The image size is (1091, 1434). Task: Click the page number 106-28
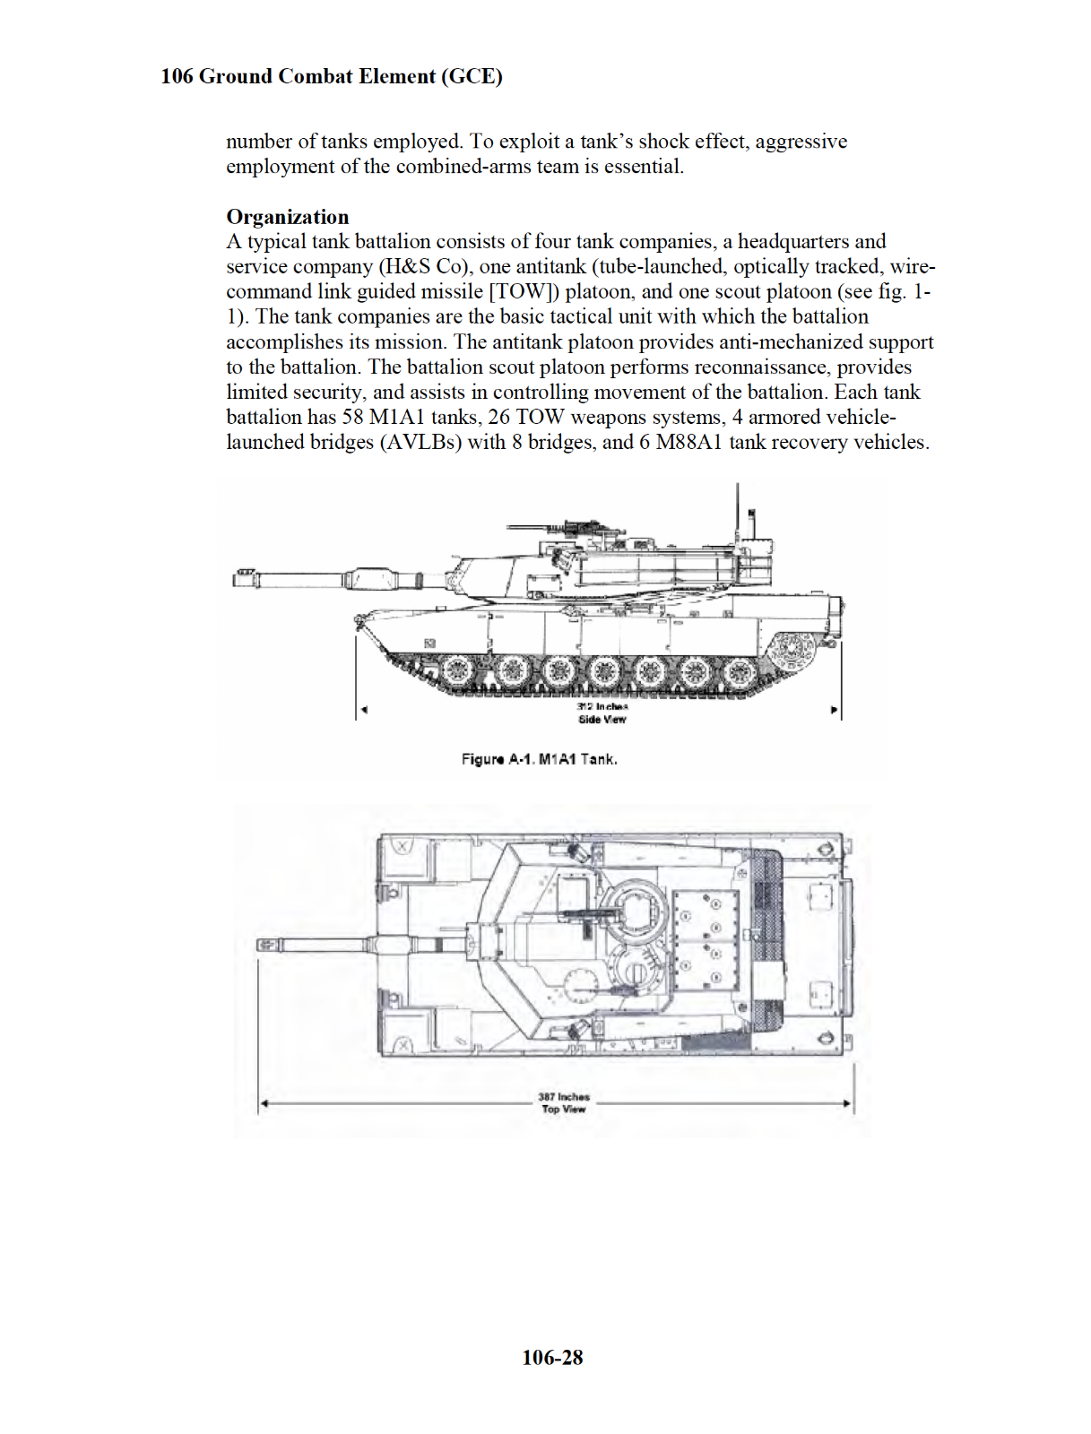tap(552, 1358)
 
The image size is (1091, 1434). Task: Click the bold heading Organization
tap(287, 217)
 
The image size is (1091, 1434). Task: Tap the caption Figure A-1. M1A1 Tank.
tap(539, 759)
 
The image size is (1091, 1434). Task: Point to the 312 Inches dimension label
tap(602, 706)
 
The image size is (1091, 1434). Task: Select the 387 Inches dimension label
tap(563, 1096)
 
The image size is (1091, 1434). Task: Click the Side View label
tap(602, 719)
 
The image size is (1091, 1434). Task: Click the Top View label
tap(563, 1109)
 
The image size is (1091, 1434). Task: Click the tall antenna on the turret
tap(737, 515)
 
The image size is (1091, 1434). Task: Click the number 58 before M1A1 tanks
tap(353, 417)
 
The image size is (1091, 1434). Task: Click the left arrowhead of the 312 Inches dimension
tap(362, 712)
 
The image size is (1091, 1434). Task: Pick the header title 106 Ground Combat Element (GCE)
tap(331, 76)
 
